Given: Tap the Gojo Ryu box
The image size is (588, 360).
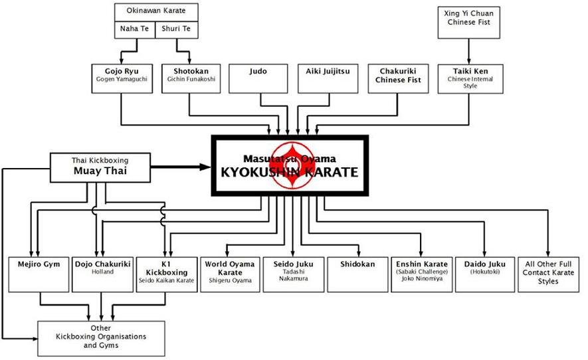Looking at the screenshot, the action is pos(122,78).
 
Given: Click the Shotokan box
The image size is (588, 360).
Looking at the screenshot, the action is pos(191,78).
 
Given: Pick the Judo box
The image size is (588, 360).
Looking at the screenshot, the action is pos(258,78).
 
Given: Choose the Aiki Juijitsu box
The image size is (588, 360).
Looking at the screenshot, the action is pos(328,78).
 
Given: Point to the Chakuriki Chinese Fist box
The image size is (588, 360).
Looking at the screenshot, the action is pos(398,78).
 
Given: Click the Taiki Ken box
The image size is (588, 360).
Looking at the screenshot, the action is pos(470,78).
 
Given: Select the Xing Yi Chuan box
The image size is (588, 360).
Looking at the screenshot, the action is pos(469,22).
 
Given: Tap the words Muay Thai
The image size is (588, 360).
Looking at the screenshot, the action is pos(100,171).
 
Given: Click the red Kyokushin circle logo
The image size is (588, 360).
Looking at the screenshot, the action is pos(292,165).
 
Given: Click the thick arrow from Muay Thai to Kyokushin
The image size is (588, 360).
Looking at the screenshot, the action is pos(181,167).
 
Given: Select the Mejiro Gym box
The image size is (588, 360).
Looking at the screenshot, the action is pos(39,274).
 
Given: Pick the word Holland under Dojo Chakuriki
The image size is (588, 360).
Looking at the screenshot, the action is pos(102,272).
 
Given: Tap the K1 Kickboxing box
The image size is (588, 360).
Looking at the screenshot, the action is pos(167,274).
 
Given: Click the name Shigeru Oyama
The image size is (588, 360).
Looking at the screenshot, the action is pos(230,280).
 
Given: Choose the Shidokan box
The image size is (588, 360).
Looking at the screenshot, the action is pos(357,274).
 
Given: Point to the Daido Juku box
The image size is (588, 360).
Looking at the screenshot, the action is pos(484,274).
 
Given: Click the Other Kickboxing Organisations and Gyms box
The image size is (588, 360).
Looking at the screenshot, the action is pos(101,338).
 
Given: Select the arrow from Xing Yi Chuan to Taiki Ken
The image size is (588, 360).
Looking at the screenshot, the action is pos(469,51).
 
